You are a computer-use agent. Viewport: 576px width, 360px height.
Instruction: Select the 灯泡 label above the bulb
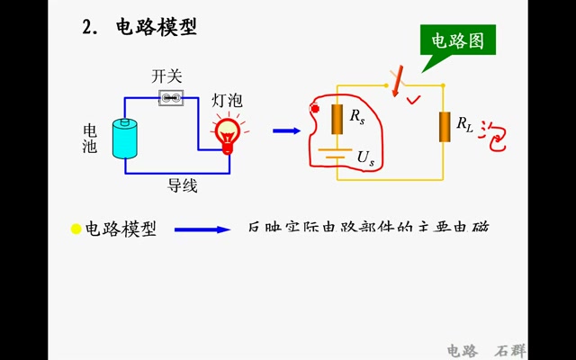pos(227,100)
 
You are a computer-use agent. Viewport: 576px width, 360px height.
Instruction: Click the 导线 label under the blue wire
pos(183,186)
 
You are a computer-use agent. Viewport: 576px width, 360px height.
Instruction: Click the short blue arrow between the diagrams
pos(286,130)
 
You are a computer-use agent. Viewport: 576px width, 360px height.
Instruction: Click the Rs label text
pos(357,117)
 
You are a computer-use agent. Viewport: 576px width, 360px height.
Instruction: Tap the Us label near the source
pos(365,157)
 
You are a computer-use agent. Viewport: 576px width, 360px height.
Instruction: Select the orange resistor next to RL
pos(444,127)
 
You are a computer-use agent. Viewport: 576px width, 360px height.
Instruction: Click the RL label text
pos(464,124)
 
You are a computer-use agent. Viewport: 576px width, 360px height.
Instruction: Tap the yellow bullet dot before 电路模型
pos(76,229)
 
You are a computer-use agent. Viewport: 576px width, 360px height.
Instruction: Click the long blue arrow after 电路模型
pos(202,229)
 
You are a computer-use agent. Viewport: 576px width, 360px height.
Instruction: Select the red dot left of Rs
pos(315,109)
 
